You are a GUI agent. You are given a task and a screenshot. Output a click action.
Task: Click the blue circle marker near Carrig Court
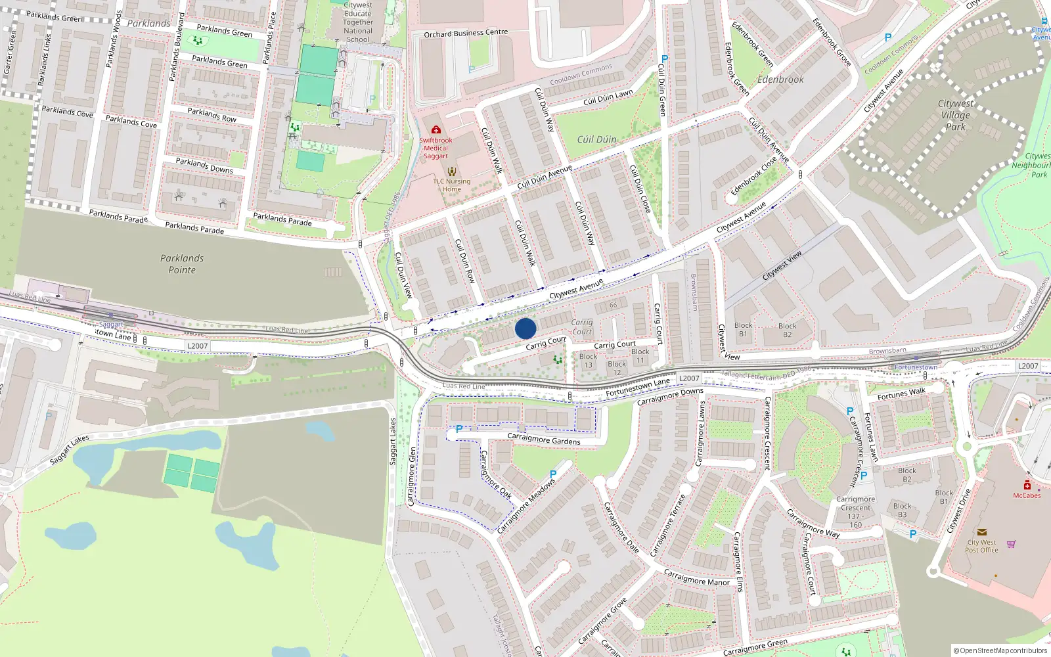(525, 328)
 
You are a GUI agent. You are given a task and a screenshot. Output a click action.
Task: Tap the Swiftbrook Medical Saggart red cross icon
(436, 130)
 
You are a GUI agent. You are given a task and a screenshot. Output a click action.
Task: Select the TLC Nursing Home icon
(451, 172)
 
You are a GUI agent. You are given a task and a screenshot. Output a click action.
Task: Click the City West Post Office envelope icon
(981, 532)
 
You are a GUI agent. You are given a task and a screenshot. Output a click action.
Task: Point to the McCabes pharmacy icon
(1027, 486)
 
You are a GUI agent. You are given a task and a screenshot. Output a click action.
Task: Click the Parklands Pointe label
(182, 264)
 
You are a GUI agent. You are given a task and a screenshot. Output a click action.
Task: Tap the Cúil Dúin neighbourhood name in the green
(596, 139)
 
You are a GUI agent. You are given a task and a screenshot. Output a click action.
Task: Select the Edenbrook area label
(780, 79)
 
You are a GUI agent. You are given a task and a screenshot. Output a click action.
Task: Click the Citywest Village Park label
(956, 115)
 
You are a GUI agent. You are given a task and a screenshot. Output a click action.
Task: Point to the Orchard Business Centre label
(466, 33)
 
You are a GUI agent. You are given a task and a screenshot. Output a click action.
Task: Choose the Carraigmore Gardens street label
(544, 439)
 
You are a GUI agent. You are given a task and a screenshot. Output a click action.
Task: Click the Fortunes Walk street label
(901, 394)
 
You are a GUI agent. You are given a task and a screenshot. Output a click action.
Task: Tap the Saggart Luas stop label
(111, 325)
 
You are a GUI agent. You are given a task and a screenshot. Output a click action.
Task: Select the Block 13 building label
(588, 361)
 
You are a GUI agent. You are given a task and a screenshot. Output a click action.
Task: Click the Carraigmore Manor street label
(697, 578)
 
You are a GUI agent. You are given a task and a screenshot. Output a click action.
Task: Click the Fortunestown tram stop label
(916, 367)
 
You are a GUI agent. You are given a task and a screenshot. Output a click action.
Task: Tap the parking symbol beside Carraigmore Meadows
(553, 474)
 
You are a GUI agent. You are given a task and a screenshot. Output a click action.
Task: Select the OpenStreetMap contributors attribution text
(1000, 650)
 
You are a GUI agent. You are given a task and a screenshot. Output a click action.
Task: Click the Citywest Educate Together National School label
(358, 22)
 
